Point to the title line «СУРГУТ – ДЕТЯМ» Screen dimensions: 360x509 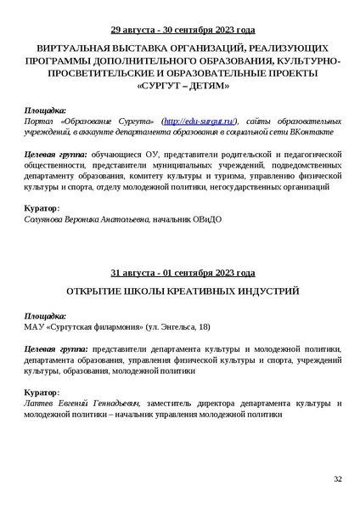click(183, 87)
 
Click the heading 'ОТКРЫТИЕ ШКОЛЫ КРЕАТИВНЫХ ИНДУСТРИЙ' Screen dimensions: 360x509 click(183, 291)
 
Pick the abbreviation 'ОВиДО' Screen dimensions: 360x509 click(206, 219)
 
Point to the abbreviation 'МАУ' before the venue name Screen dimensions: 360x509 click(36, 326)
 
